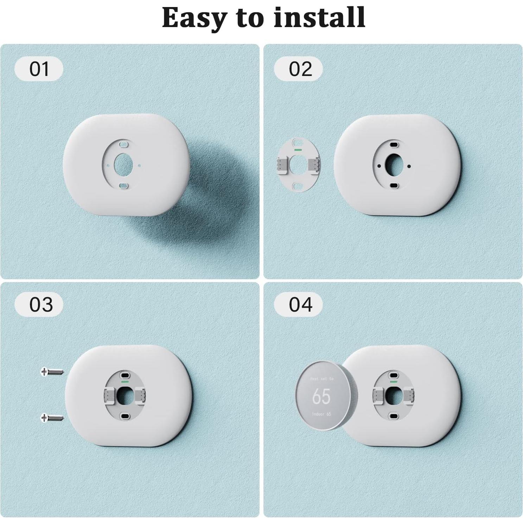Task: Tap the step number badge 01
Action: click(x=39, y=69)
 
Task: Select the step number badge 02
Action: click(x=300, y=69)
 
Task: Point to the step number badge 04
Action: click(x=300, y=304)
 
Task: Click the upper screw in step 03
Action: click(x=52, y=371)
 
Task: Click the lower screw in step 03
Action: click(x=52, y=418)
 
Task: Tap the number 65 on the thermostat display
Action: click(x=321, y=396)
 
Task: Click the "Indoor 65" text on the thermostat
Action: click(x=321, y=414)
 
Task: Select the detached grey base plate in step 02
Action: click(x=298, y=165)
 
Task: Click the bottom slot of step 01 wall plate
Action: click(x=123, y=185)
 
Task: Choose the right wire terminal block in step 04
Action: click(x=409, y=395)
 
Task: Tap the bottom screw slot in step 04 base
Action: click(x=394, y=416)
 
